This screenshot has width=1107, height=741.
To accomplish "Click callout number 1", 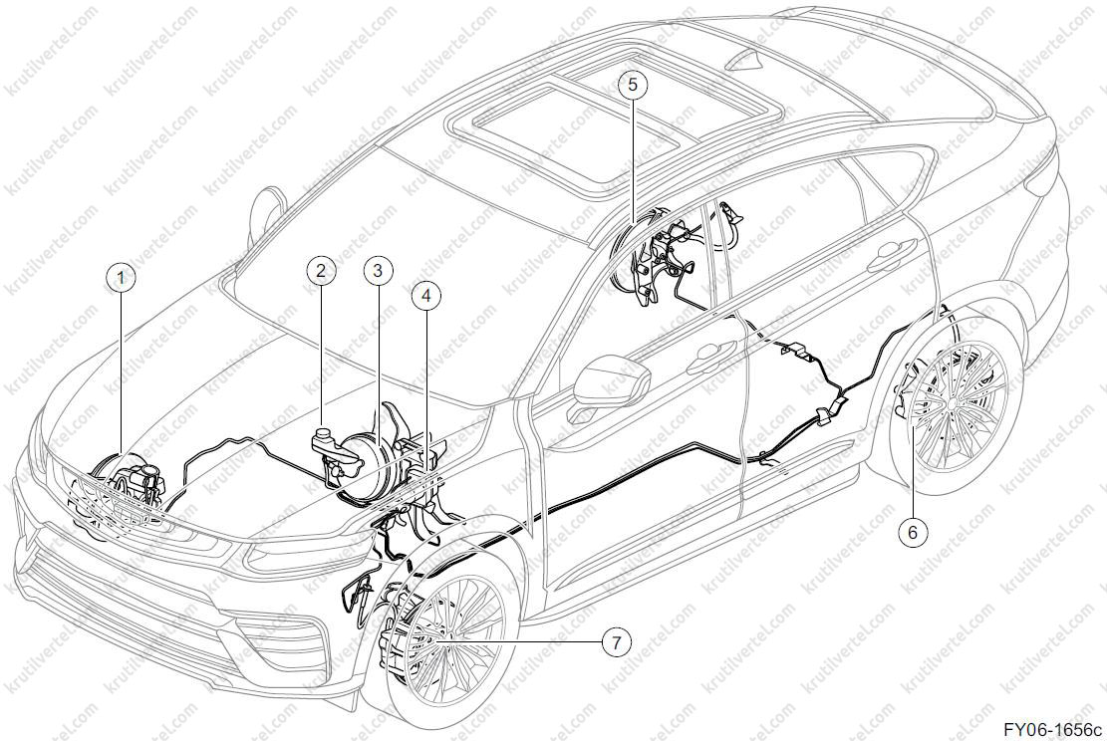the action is coord(121,278).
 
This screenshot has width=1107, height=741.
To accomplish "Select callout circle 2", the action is coord(321,270).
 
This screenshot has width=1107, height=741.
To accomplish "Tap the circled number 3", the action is coord(378,270).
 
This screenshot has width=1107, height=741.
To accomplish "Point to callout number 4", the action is coord(425,297).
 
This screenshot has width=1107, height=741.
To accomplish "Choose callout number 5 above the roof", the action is coord(632,85).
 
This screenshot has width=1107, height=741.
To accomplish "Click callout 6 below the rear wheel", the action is coord(912,532).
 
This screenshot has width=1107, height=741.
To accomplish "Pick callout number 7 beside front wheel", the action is coord(617,642).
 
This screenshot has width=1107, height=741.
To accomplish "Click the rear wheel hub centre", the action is coord(955,403).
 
